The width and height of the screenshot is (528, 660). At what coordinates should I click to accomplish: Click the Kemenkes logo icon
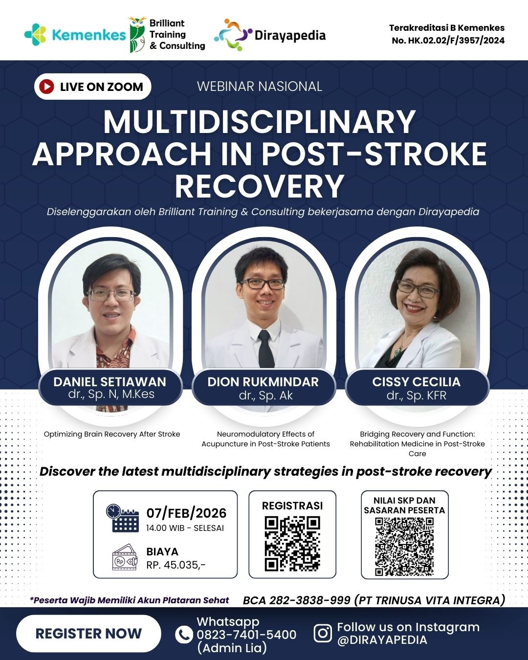[35, 35]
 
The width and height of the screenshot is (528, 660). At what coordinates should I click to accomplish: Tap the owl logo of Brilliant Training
[137, 35]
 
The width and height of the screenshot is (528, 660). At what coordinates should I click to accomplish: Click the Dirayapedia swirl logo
[233, 35]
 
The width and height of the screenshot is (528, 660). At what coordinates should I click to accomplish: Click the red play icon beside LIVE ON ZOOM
[46, 87]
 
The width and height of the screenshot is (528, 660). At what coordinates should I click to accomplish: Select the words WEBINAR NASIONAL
[260, 87]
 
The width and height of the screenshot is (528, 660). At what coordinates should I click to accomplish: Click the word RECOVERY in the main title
[260, 186]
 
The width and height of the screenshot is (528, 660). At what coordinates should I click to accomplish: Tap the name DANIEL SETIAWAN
[110, 382]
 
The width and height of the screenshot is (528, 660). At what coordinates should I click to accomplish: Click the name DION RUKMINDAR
[263, 382]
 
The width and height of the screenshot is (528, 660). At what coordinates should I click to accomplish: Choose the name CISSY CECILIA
[417, 382]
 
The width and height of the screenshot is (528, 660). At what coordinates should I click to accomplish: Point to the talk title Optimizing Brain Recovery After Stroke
[112, 434]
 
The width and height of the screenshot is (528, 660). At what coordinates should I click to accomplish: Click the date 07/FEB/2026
[187, 513]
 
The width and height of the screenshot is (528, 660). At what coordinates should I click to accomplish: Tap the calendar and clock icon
[122, 518]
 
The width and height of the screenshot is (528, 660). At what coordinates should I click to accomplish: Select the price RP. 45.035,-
[176, 565]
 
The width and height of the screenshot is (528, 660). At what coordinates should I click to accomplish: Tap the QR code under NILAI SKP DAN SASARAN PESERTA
[404, 547]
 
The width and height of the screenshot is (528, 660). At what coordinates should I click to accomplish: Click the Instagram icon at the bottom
[323, 633]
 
